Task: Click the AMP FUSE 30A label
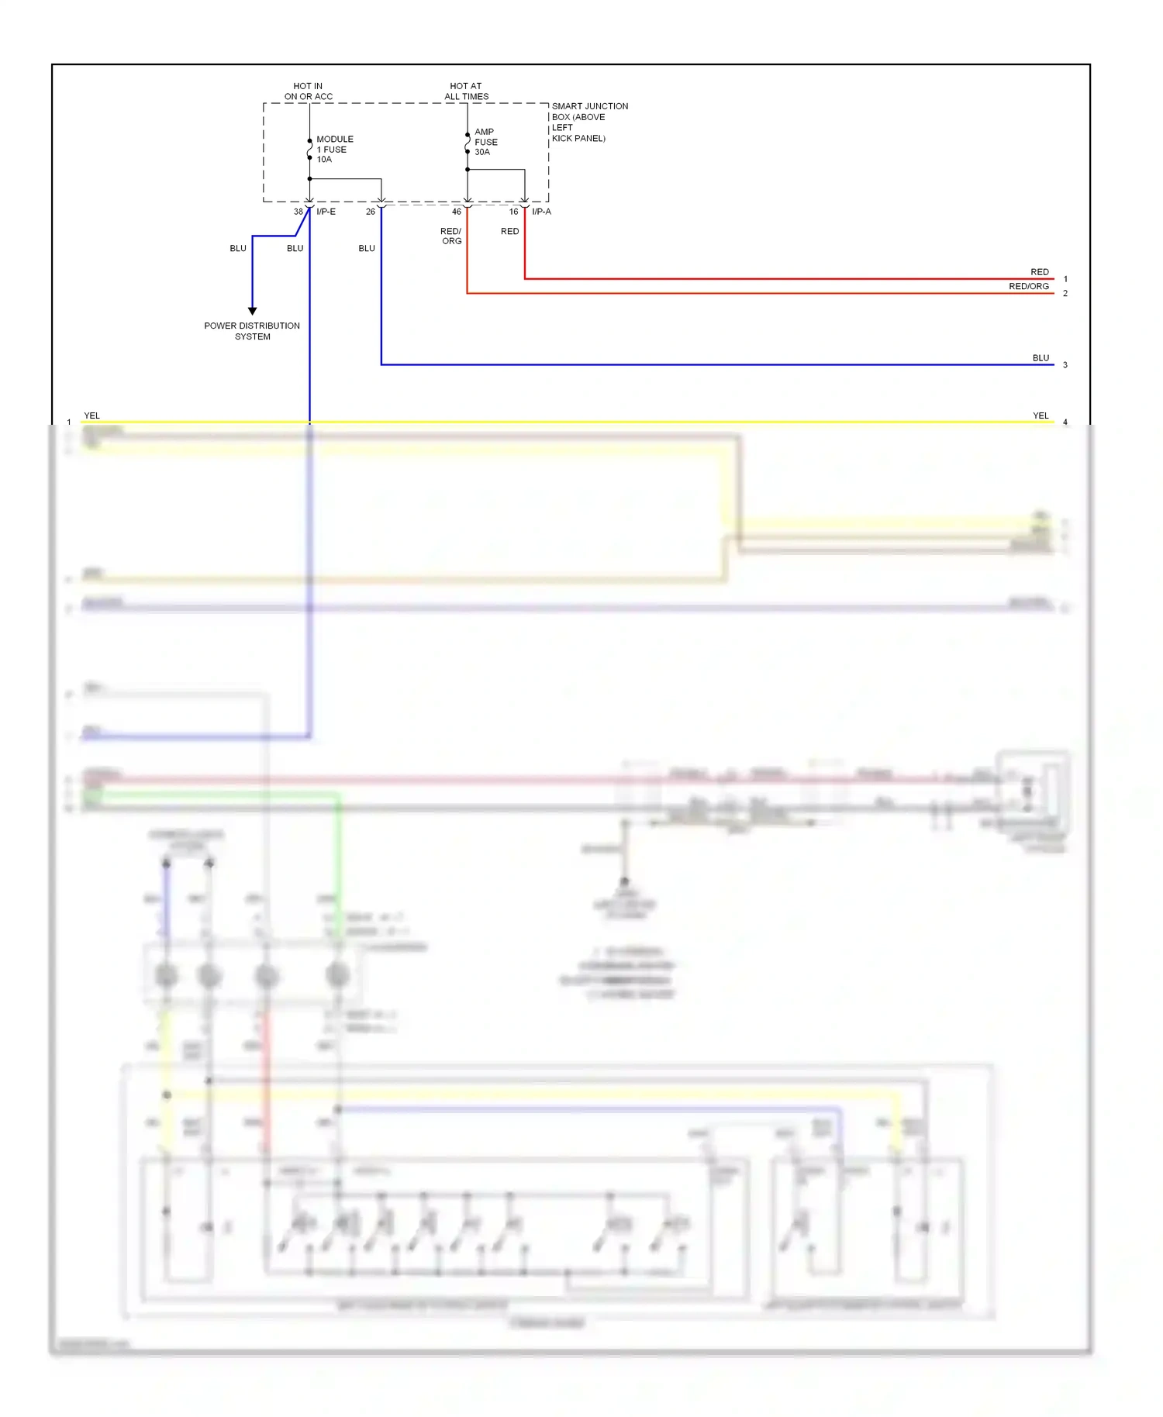(485, 142)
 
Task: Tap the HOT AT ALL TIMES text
(466, 91)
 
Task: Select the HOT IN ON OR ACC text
(308, 91)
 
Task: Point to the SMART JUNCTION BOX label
(588, 122)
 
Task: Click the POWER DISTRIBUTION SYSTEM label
(252, 331)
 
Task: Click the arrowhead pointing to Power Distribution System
(252, 311)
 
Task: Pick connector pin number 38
(298, 212)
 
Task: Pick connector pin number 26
(370, 212)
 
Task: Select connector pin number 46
(456, 212)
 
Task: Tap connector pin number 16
(513, 212)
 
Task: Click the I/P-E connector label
(326, 212)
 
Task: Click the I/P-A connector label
(541, 212)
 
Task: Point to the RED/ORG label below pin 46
(451, 236)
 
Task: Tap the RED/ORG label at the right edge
(1028, 286)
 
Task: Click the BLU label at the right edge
(1040, 358)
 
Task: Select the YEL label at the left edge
(91, 415)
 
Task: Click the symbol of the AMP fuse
(468, 143)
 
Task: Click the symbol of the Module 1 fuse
(309, 149)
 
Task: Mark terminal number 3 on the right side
(1065, 365)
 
